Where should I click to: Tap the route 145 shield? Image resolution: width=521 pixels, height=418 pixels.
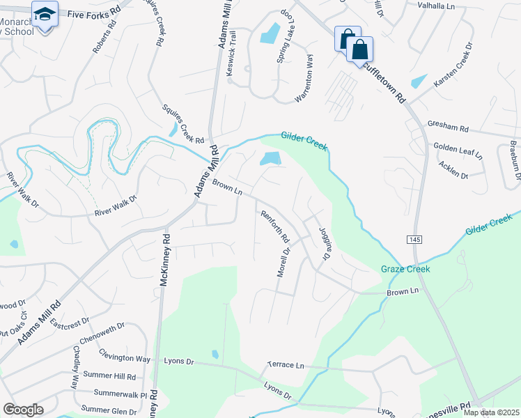(415, 239)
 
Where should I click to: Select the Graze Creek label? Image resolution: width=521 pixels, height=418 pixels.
(405, 269)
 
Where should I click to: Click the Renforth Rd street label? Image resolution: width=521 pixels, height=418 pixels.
(274, 227)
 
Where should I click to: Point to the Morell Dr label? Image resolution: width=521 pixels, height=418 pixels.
(283, 261)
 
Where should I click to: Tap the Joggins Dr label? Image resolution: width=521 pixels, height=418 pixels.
(324, 244)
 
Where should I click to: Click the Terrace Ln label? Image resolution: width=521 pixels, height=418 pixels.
(286, 365)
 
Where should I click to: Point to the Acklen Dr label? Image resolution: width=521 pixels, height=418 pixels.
(453, 169)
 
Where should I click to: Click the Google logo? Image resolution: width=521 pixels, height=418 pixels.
(23, 410)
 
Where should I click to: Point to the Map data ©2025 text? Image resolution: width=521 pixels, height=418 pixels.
(491, 412)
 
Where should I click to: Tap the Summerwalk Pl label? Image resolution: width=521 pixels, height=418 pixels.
(116, 394)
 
